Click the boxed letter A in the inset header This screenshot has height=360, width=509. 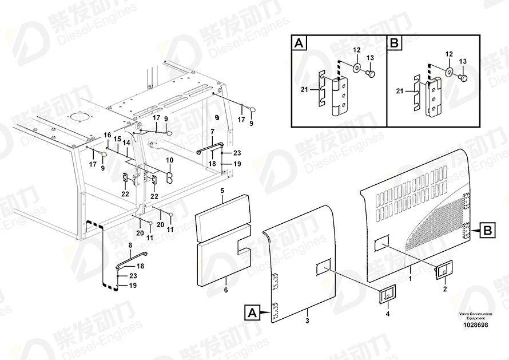point(299,43)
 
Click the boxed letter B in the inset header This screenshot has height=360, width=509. point(395,43)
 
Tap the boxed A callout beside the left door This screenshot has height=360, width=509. point(252,312)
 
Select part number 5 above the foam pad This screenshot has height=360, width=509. point(222,189)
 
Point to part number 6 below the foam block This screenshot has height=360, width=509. point(225,290)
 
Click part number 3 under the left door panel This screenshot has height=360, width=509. point(307,320)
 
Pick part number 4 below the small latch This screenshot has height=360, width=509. point(387,314)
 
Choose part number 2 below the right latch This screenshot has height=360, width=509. point(444,289)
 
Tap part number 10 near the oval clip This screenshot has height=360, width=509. point(169,160)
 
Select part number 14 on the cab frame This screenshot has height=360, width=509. point(126,143)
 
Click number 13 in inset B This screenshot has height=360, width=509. point(463,61)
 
